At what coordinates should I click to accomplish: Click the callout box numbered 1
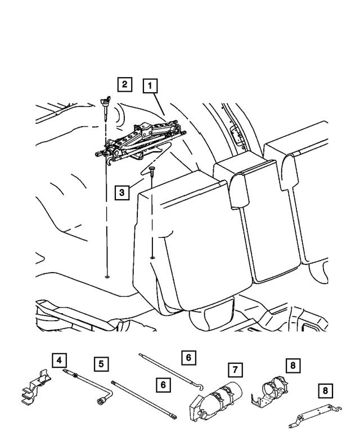(150, 86)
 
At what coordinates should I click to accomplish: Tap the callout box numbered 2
(124, 84)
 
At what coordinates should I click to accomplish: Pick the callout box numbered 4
(58, 359)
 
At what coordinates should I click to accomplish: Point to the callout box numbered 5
(101, 364)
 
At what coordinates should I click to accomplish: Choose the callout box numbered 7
(236, 370)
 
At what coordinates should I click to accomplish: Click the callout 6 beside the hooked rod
(188, 357)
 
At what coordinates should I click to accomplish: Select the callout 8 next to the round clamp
(292, 366)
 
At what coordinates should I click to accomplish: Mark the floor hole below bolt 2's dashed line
(106, 277)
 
